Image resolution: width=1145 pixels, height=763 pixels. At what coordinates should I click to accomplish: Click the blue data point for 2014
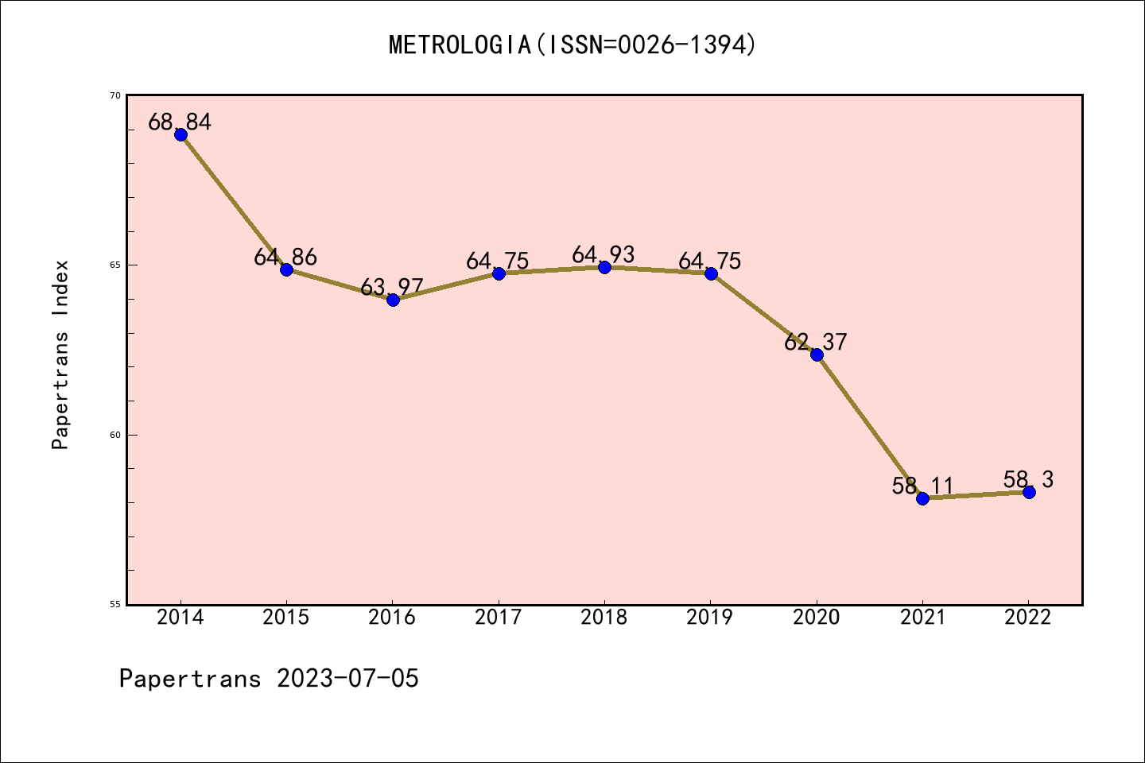coord(180,134)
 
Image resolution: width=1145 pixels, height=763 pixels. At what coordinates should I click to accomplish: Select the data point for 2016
coord(393,300)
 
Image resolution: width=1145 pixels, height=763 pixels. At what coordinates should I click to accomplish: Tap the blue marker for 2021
coord(922,498)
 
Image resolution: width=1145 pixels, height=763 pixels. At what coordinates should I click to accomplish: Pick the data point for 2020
coord(817,354)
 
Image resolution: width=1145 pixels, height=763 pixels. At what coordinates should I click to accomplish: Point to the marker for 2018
coord(604,267)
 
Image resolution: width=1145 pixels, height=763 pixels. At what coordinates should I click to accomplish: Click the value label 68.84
coord(180,122)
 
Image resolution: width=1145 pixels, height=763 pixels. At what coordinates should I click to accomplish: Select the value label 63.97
coord(392,287)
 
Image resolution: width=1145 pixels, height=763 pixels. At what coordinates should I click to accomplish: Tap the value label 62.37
coord(816,342)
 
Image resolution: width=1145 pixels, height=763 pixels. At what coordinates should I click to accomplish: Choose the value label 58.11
coord(922,486)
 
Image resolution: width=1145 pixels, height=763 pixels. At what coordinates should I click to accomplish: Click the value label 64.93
coord(604,254)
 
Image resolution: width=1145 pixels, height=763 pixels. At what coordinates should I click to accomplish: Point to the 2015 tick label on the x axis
coord(286,618)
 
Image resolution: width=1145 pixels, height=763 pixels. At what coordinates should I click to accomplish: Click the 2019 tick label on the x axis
coord(710,618)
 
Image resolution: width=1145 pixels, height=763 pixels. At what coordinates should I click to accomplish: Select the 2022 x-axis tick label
coord(1028,618)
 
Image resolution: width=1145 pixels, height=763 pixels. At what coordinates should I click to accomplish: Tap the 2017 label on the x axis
coord(499,618)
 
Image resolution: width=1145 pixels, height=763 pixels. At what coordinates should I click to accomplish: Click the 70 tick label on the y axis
coord(115,95)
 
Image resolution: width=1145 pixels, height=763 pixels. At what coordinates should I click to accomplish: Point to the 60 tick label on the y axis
coord(115,435)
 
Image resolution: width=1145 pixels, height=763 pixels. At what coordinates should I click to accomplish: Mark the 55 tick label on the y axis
coord(115,604)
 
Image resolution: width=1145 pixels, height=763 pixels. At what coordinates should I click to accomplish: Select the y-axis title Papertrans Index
coord(60,354)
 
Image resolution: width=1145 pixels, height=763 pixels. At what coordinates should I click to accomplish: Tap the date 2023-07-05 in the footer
coord(347,679)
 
